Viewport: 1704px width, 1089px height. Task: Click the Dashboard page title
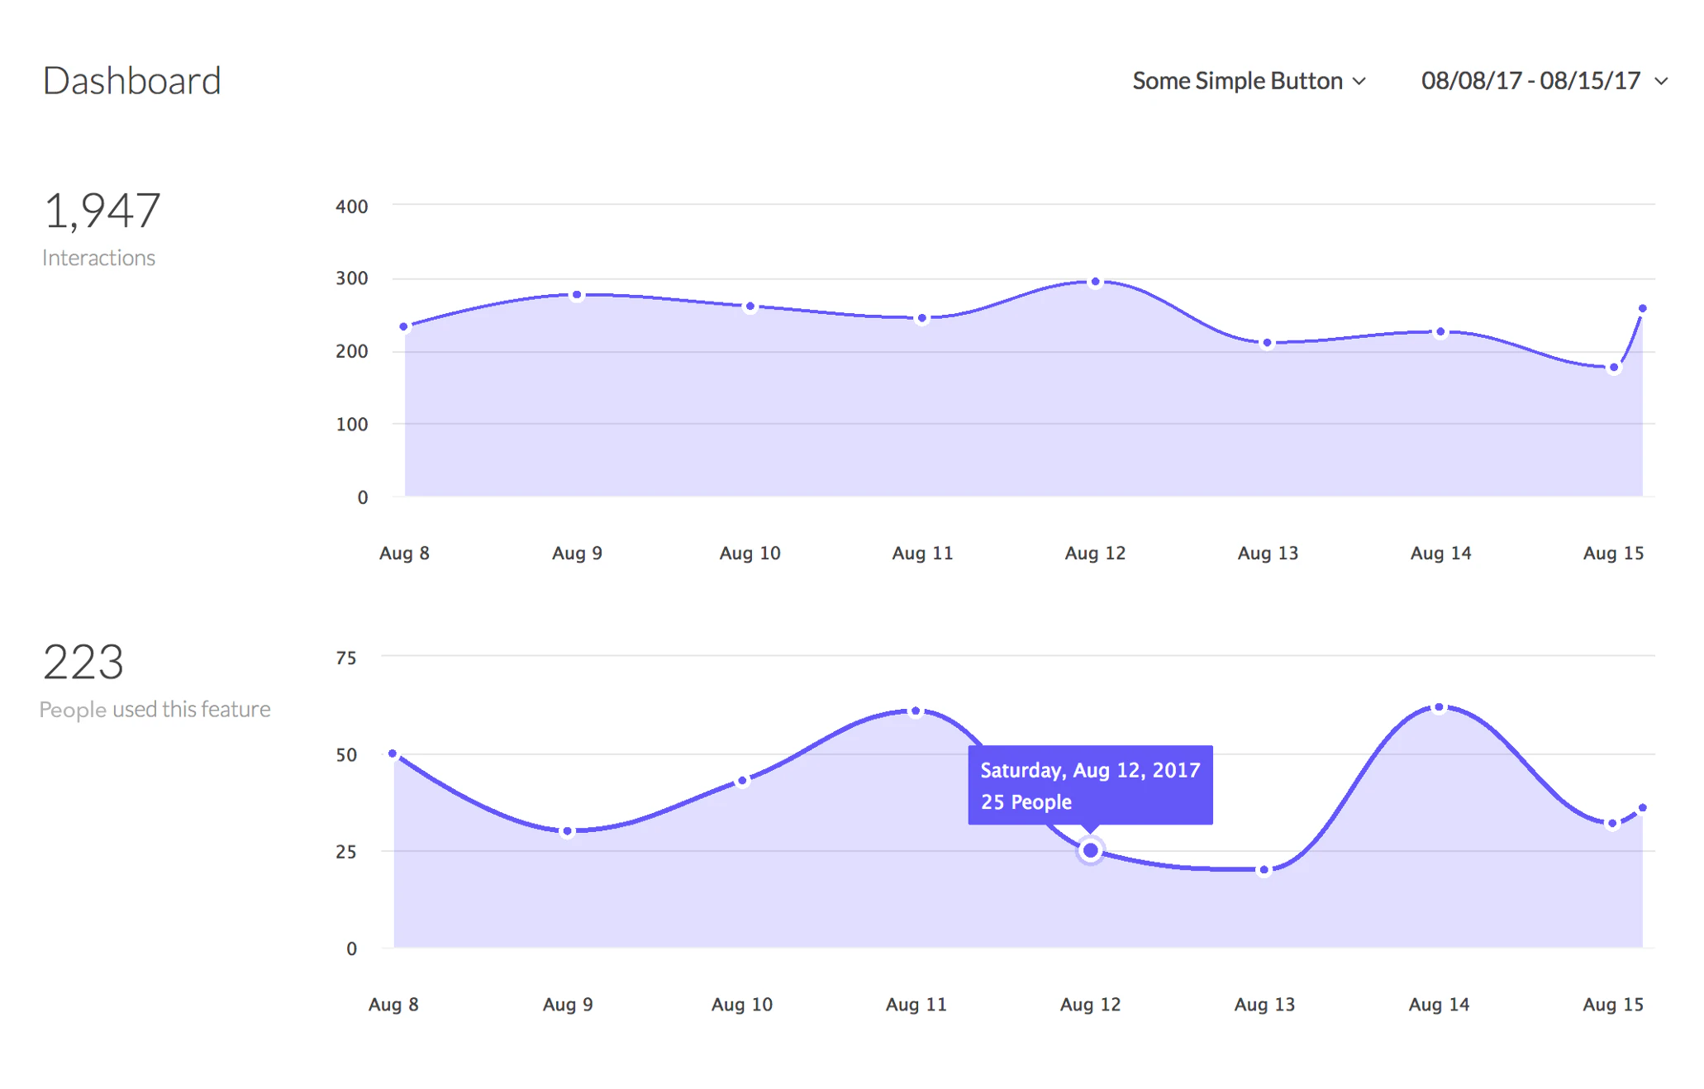coord(131,81)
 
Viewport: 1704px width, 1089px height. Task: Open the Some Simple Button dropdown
coord(1248,81)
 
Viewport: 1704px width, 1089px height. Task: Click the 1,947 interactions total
coord(102,211)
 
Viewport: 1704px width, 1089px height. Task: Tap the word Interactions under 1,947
coord(98,258)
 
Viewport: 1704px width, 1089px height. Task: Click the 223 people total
coord(83,663)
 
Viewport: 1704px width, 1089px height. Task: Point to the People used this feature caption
coord(155,710)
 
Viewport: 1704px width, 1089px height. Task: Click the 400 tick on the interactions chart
coord(351,207)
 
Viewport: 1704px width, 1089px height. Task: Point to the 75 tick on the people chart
coord(345,659)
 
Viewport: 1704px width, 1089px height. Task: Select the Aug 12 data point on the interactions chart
coord(1095,282)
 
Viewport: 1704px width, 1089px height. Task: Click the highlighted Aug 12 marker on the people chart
coord(1090,850)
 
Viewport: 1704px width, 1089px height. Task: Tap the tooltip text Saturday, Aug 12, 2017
coord(1089,770)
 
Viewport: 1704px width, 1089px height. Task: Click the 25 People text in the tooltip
coord(1026,802)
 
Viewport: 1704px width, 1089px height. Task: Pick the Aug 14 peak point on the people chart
coord(1439,707)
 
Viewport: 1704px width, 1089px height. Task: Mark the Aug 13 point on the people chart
coord(1264,869)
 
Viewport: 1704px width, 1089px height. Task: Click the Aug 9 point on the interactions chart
coord(577,295)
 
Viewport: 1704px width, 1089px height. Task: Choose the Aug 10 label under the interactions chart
coord(750,553)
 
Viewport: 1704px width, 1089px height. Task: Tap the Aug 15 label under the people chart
coord(1612,1005)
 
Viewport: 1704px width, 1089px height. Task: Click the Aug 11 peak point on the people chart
coord(916,711)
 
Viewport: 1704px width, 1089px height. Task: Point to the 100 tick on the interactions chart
coord(351,425)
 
